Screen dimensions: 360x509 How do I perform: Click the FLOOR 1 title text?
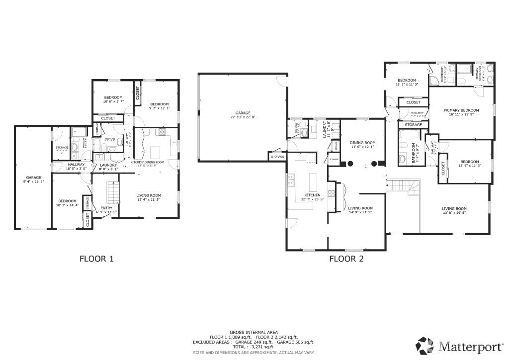pos(97,259)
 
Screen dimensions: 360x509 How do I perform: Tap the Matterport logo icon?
pos(424,345)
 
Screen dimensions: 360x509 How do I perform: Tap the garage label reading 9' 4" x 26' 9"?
pos(34,179)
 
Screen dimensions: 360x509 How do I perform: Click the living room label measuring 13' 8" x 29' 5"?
pos(454,211)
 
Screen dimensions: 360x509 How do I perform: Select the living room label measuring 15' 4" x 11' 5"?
pos(149,197)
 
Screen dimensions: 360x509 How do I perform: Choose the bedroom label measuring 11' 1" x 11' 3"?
pos(407,82)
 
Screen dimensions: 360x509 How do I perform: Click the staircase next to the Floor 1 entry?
pos(114,192)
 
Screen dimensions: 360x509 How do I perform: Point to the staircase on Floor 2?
pos(403,186)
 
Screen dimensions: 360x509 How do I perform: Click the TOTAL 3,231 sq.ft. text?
pos(254,347)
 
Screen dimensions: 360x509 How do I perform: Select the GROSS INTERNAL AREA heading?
pos(254,332)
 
